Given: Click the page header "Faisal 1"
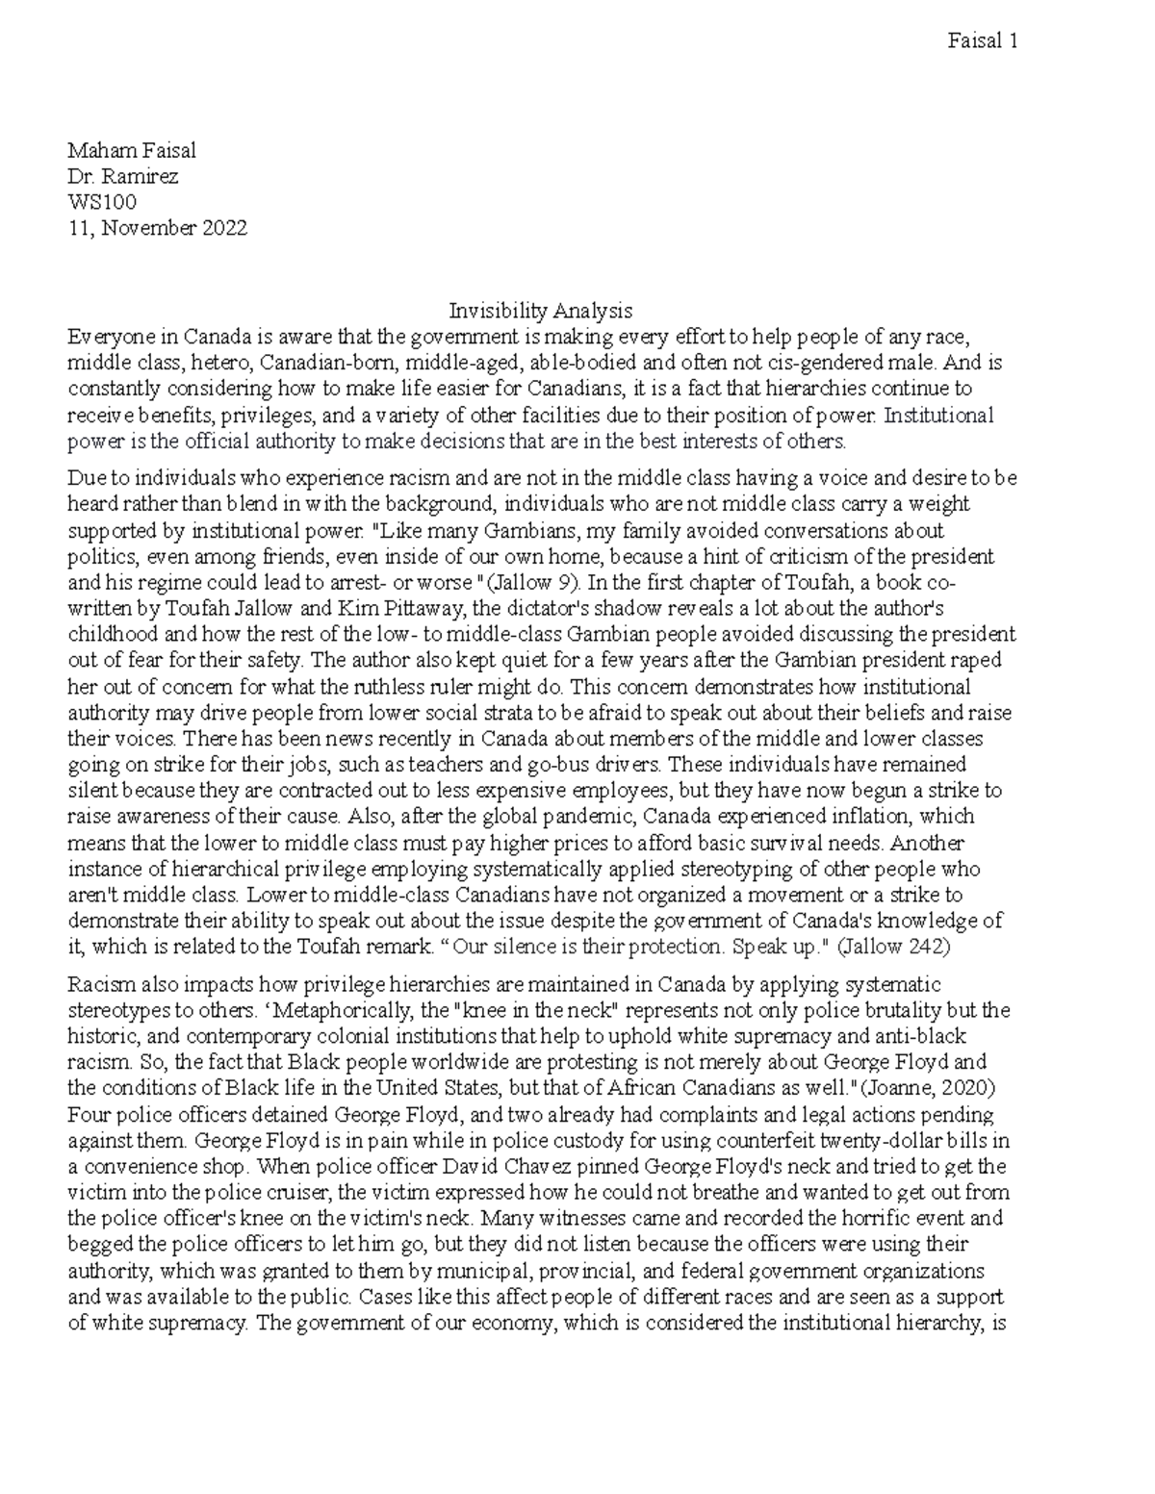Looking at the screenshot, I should [982, 41].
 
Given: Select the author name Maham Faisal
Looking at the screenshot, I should [132, 151].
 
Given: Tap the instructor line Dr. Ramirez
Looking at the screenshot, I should [122, 177].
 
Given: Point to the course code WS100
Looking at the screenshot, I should [101, 202].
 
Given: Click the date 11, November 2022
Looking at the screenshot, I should [157, 228].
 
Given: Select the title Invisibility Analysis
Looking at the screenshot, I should [541, 311].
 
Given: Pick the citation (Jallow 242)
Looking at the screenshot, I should [894, 946].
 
